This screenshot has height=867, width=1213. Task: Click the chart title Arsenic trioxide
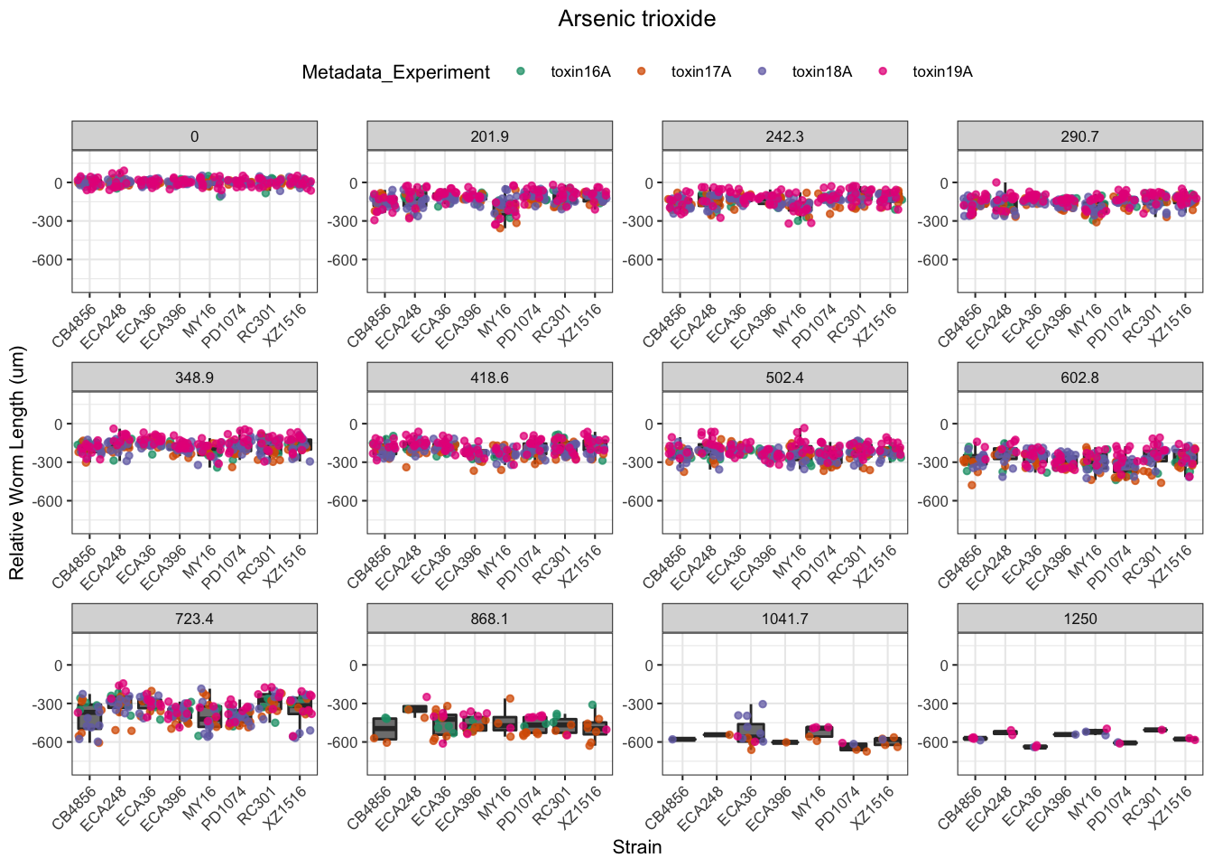(x=636, y=19)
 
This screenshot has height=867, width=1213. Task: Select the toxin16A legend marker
(x=521, y=71)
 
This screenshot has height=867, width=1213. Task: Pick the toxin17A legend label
(x=700, y=72)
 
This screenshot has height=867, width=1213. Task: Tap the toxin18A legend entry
(x=821, y=72)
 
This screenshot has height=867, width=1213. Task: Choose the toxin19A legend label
(x=941, y=72)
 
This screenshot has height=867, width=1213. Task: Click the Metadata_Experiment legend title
(x=395, y=72)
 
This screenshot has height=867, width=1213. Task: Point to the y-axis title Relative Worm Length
(x=17, y=462)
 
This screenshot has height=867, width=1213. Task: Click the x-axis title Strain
(x=636, y=847)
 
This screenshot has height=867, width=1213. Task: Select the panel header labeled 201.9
(x=489, y=136)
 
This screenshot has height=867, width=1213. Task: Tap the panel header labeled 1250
(x=1079, y=619)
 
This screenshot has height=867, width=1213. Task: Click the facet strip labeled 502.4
(x=784, y=378)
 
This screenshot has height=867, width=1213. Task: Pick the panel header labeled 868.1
(x=489, y=619)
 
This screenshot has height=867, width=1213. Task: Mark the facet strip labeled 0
(x=194, y=136)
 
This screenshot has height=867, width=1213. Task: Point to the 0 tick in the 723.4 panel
(x=59, y=666)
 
